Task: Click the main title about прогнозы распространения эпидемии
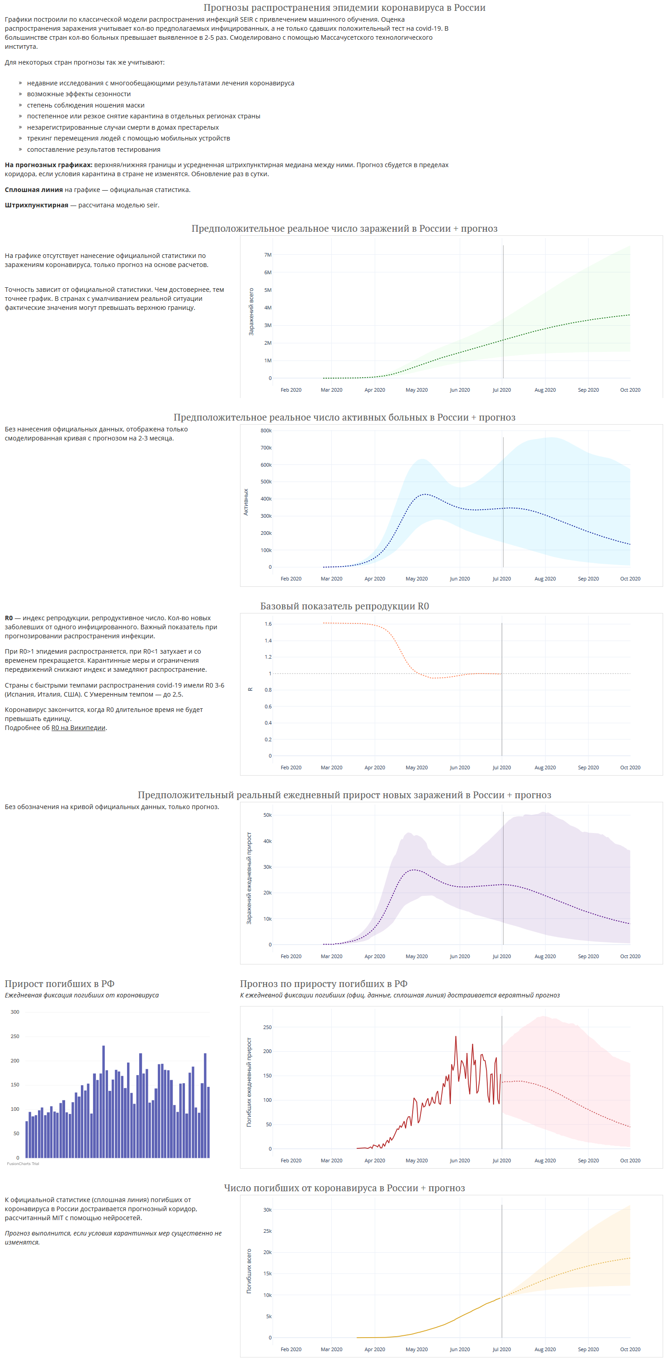click(344, 7)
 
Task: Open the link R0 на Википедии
click(78, 727)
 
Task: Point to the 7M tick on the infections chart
click(268, 255)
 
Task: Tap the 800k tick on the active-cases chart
click(266, 431)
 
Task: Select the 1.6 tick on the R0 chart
click(268, 624)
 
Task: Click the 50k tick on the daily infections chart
click(267, 815)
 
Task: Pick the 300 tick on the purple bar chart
click(15, 1012)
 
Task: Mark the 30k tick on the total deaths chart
click(267, 1210)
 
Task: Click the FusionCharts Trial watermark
click(23, 1164)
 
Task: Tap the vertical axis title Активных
click(246, 502)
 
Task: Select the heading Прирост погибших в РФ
click(60, 983)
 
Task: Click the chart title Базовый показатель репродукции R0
click(344, 606)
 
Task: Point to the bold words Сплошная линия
click(34, 190)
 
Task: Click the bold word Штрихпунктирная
click(37, 205)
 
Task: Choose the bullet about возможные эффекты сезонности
click(79, 94)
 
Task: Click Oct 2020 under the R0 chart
click(630, 767)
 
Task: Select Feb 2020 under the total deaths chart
click(291, 1349)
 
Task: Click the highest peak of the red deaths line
click(456, 1037)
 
